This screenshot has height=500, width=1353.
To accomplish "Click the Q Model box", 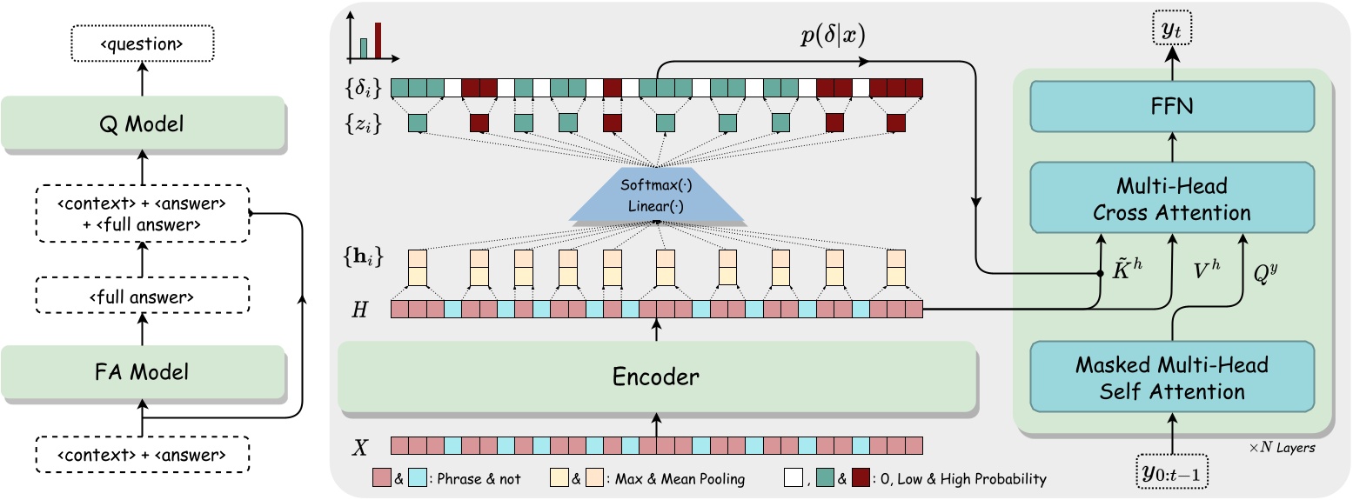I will click(143, 124).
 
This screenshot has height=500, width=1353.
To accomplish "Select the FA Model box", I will click(143, 373).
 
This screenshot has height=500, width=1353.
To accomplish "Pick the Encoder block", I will click(656, 377).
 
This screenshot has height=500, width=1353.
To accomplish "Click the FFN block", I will click(1172, 107).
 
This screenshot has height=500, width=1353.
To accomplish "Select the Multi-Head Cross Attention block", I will click(1172, 200).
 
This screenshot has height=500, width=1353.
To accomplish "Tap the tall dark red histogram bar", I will click(378, 40).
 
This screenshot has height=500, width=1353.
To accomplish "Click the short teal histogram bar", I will click(364, 47).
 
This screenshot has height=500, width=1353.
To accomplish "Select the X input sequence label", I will click(359, 447).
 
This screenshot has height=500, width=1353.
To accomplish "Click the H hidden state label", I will click(359, 309).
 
